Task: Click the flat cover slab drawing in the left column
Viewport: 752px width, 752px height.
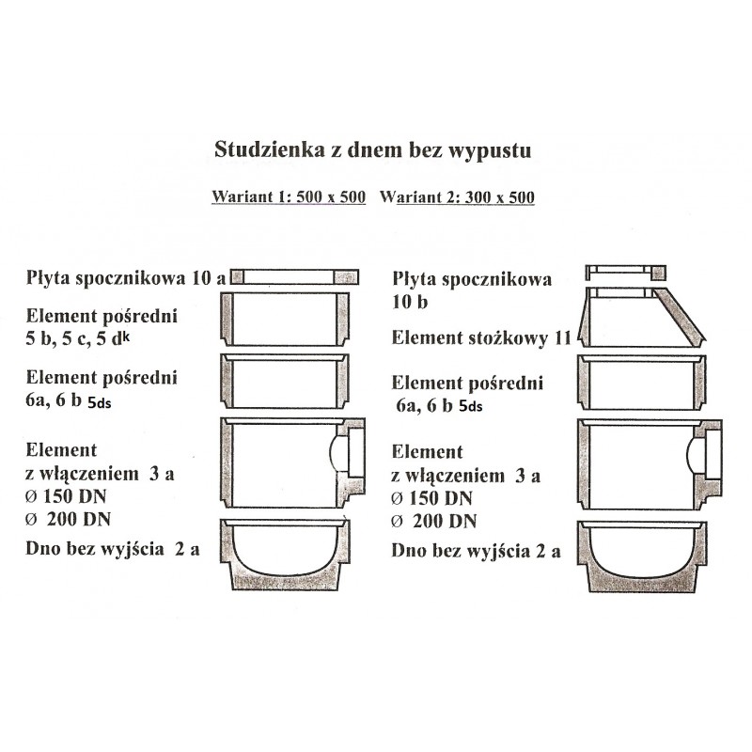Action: coord(295,276)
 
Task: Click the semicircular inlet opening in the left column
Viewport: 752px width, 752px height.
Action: coord(339,451)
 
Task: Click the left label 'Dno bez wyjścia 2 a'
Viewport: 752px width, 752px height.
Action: coord(114,550)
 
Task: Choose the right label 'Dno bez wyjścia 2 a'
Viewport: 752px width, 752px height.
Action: coord(477,552)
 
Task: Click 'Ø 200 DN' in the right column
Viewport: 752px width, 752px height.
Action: coord(433,520)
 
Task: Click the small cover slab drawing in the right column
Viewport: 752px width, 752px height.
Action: coord(624,273)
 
